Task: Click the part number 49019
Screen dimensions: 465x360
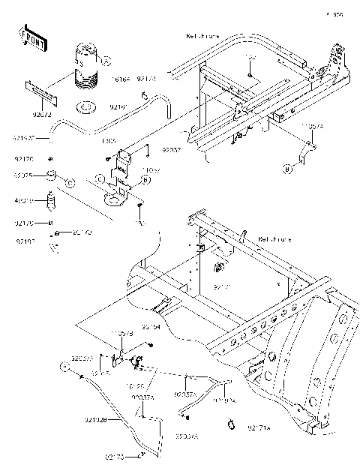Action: [x=23, y=200]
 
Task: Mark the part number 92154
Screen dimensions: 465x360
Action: [x=152, y=327]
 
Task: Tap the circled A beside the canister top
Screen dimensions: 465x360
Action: [x=106, y=61]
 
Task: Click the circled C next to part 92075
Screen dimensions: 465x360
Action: [x=70, y=182]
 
